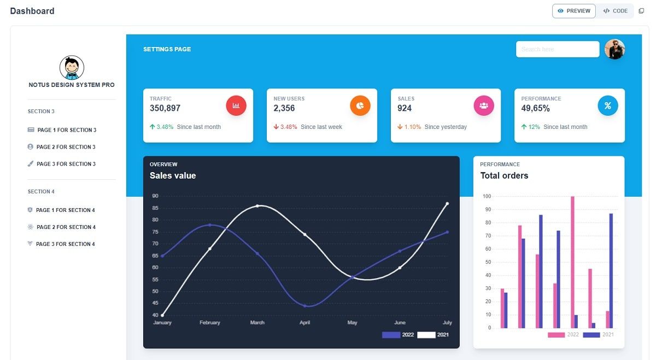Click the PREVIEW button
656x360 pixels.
[573, 11]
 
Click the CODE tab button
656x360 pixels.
[615, 11]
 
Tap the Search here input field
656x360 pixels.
[557, 49]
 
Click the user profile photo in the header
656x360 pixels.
[614, 49]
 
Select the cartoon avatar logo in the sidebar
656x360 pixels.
[72, 68]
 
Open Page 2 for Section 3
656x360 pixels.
[66, 147]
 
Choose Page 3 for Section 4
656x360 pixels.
[65, 244]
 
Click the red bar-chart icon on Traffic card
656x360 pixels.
[236, 105]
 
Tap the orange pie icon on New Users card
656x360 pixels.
[360, 105]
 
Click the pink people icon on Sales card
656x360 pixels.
[484, 105]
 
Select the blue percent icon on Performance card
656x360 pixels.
[607, 105]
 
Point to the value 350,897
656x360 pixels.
[165, 108]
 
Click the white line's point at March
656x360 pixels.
[257, 206]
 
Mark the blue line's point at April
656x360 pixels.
[305, 305]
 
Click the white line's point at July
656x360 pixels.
[447, 204]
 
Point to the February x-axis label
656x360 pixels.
[210, 322]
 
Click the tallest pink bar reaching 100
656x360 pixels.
[572, 262]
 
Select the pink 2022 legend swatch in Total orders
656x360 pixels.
[557, 335]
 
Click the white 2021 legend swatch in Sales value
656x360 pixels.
[426, 335]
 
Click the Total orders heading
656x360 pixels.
[504, 175]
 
